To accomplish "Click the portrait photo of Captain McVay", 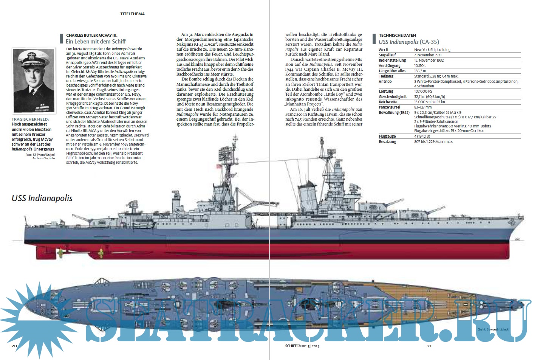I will pos(34,81).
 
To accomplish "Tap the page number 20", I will pos(14,346).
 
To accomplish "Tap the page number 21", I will pos(429,346).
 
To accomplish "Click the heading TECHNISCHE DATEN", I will pos(397,35).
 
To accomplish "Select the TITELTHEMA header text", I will pos(132,14).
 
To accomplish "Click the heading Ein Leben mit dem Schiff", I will pos(96,42).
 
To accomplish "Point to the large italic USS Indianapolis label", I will pos(42,198).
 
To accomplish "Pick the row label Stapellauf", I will pos(387,55).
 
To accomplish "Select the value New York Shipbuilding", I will pos(432,50).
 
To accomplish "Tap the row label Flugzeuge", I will pos(387,136).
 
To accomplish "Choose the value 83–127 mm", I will pos(423,107).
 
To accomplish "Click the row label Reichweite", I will pos(388,102).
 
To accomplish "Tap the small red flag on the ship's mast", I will pos(218,166).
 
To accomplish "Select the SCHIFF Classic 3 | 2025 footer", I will pos(297,346).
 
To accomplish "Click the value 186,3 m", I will pos(420,71).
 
